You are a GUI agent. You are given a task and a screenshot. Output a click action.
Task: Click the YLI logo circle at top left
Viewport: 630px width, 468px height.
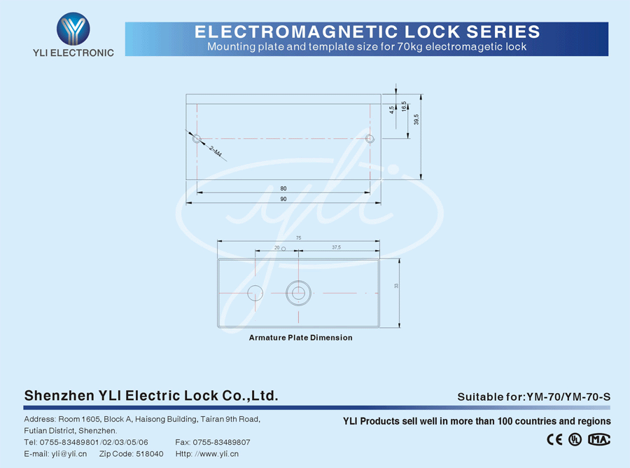(x=73, y=29)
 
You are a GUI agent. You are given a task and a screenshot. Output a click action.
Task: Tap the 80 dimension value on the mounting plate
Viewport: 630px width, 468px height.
(x=283, y=188)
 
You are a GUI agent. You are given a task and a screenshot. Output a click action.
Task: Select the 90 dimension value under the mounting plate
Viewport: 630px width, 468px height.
(x=283, y=200)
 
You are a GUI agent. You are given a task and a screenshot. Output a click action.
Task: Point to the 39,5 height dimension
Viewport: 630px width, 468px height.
(x=416, y=120)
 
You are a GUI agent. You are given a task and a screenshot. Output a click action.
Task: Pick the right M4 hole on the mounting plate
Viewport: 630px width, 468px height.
(x=370, y=139)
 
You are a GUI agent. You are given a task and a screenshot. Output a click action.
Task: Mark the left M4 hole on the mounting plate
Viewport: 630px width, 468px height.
(x=197, y=139)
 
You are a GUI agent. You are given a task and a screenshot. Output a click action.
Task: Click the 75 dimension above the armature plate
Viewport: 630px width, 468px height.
(x=299, y=238)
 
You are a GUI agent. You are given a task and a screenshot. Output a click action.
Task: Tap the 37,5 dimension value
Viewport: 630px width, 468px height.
(x=336, y=248)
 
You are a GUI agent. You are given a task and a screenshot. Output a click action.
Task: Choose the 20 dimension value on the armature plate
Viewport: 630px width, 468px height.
(x=276, y=248)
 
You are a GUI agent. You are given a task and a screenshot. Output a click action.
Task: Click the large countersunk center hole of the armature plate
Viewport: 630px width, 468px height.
(x=299, y=293)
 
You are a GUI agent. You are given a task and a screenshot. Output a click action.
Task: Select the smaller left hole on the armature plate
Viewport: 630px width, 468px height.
(x=255, y=293)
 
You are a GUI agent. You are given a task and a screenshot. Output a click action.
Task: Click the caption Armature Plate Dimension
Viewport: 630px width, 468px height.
(x=300, y=338)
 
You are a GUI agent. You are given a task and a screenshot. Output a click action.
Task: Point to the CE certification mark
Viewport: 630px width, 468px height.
(x=554, y=440)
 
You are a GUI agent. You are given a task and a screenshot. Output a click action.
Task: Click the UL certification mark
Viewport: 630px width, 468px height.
(x=575, y=440)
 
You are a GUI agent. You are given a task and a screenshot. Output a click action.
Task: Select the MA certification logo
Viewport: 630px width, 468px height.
(x=599, y=440)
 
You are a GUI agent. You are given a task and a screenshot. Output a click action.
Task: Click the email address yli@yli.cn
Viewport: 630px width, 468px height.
(x=69, y=454)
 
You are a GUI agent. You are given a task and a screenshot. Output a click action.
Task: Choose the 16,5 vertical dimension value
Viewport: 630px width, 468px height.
(x=404, y=106)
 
